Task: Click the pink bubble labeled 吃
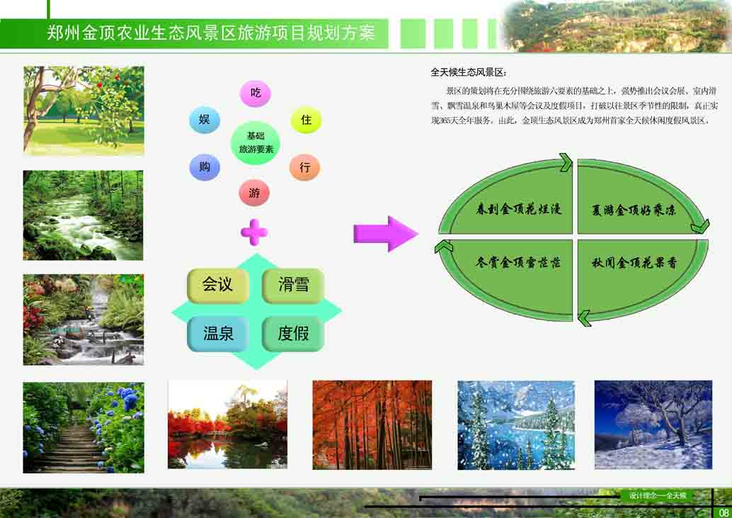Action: (256, 93)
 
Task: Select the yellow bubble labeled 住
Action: (306, 120)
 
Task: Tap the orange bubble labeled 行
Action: (304, 167)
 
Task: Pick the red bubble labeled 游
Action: (254, 193)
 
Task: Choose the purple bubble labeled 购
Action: (205, 167)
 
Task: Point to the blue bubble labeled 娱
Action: (205, 120)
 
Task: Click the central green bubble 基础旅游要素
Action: (256, 142)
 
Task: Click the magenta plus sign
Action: (254, 232)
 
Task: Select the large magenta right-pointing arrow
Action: (386, 234)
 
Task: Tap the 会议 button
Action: (217, 285)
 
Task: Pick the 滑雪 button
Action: (293, 285)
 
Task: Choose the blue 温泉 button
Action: (217, 334)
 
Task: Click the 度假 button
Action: (293, 334)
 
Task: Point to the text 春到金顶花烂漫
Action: (518, 209)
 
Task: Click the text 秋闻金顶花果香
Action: (634, 262)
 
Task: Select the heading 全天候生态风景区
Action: (468, 72)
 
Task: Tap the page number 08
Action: (723, 512)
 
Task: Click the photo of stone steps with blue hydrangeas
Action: (84, 427)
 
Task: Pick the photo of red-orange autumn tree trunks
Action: (372, 424)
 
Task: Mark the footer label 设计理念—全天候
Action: (657, 495)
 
